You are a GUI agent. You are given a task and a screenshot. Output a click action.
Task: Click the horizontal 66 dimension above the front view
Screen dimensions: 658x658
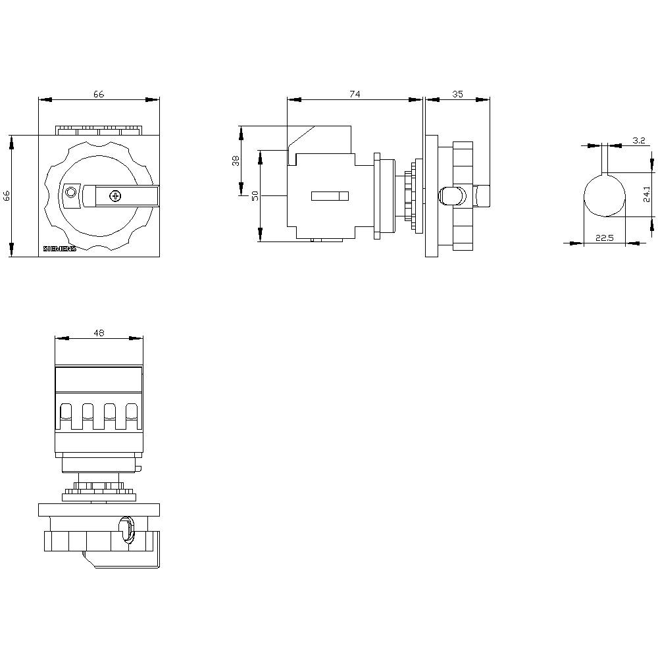click(98, 94)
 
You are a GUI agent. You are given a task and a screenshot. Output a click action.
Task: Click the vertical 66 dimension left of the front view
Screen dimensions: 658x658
click(7, 195)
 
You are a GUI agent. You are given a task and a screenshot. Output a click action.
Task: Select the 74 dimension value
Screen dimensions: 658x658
click(355, 94)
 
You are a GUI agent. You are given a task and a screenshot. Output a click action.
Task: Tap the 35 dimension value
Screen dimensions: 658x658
click(457, 94)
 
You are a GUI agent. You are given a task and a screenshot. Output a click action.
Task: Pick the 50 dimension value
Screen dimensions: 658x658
click(254, 196)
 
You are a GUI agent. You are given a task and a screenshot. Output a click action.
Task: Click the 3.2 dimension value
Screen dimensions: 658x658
click(638, 140)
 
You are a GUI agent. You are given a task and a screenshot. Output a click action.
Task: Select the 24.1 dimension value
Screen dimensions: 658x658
click(647, 194)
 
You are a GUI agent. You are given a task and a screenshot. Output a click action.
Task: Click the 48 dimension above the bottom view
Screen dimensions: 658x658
click(99, 333)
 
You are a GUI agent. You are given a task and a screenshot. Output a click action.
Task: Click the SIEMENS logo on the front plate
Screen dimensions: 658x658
click(59, 249)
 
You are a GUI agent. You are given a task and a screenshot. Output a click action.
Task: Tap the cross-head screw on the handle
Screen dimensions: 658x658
click(115, 195)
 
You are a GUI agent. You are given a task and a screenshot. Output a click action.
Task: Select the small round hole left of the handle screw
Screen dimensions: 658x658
click(70, 192)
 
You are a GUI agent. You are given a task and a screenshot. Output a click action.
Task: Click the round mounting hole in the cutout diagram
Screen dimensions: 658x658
click(605, 195)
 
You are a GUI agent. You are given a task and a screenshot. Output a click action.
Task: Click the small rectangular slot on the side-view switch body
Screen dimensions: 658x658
click(330, 195)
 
